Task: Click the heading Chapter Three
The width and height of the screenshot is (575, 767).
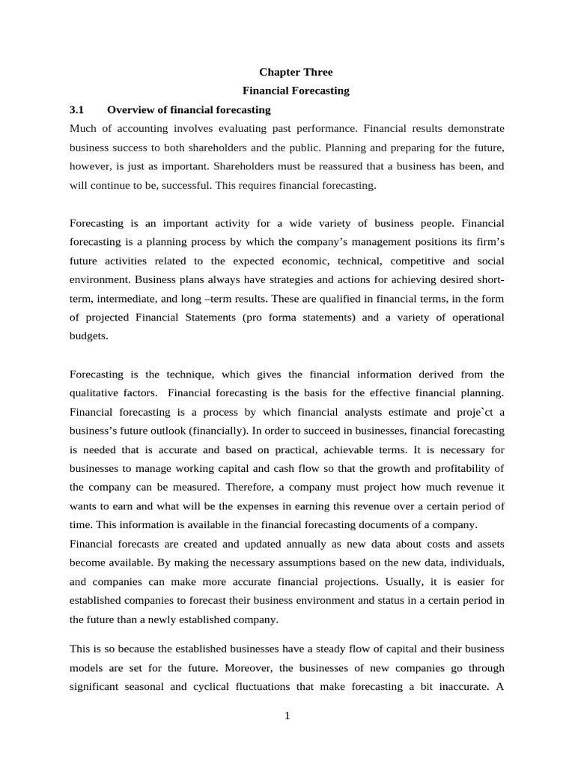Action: coord(296,72)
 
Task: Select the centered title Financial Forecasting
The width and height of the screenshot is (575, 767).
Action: coord(296,91)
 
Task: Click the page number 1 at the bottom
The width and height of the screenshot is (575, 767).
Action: coord(287,716)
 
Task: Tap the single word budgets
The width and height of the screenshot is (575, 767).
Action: coord(88,336)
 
